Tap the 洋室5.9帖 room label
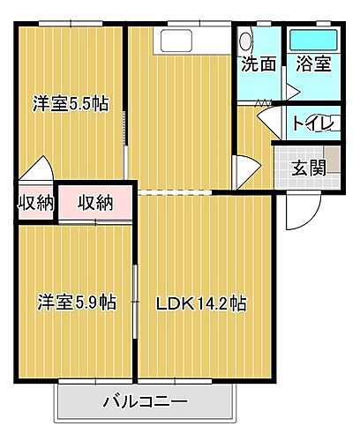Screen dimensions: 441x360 click(76, 303)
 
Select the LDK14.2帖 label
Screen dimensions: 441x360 click(200, 303)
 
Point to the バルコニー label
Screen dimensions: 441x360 click(145, 401)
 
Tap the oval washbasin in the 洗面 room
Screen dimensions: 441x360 click(246, 40)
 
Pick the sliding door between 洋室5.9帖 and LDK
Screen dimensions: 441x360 click(135, 300)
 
